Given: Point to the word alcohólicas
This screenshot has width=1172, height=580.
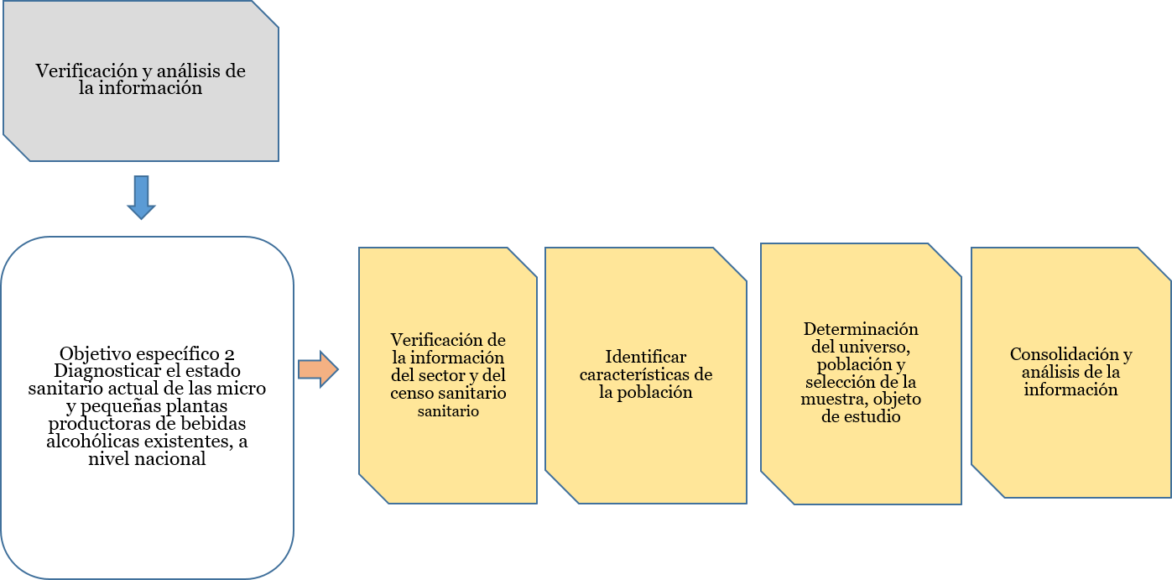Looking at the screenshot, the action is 93,442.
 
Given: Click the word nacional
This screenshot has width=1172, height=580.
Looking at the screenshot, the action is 172,459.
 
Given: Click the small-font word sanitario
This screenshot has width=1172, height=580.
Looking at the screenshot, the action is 448,411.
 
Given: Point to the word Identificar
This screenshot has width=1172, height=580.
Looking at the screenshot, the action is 645,358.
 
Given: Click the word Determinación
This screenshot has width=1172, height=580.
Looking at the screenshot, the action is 861,328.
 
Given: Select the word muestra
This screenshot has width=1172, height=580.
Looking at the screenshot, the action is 831,399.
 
